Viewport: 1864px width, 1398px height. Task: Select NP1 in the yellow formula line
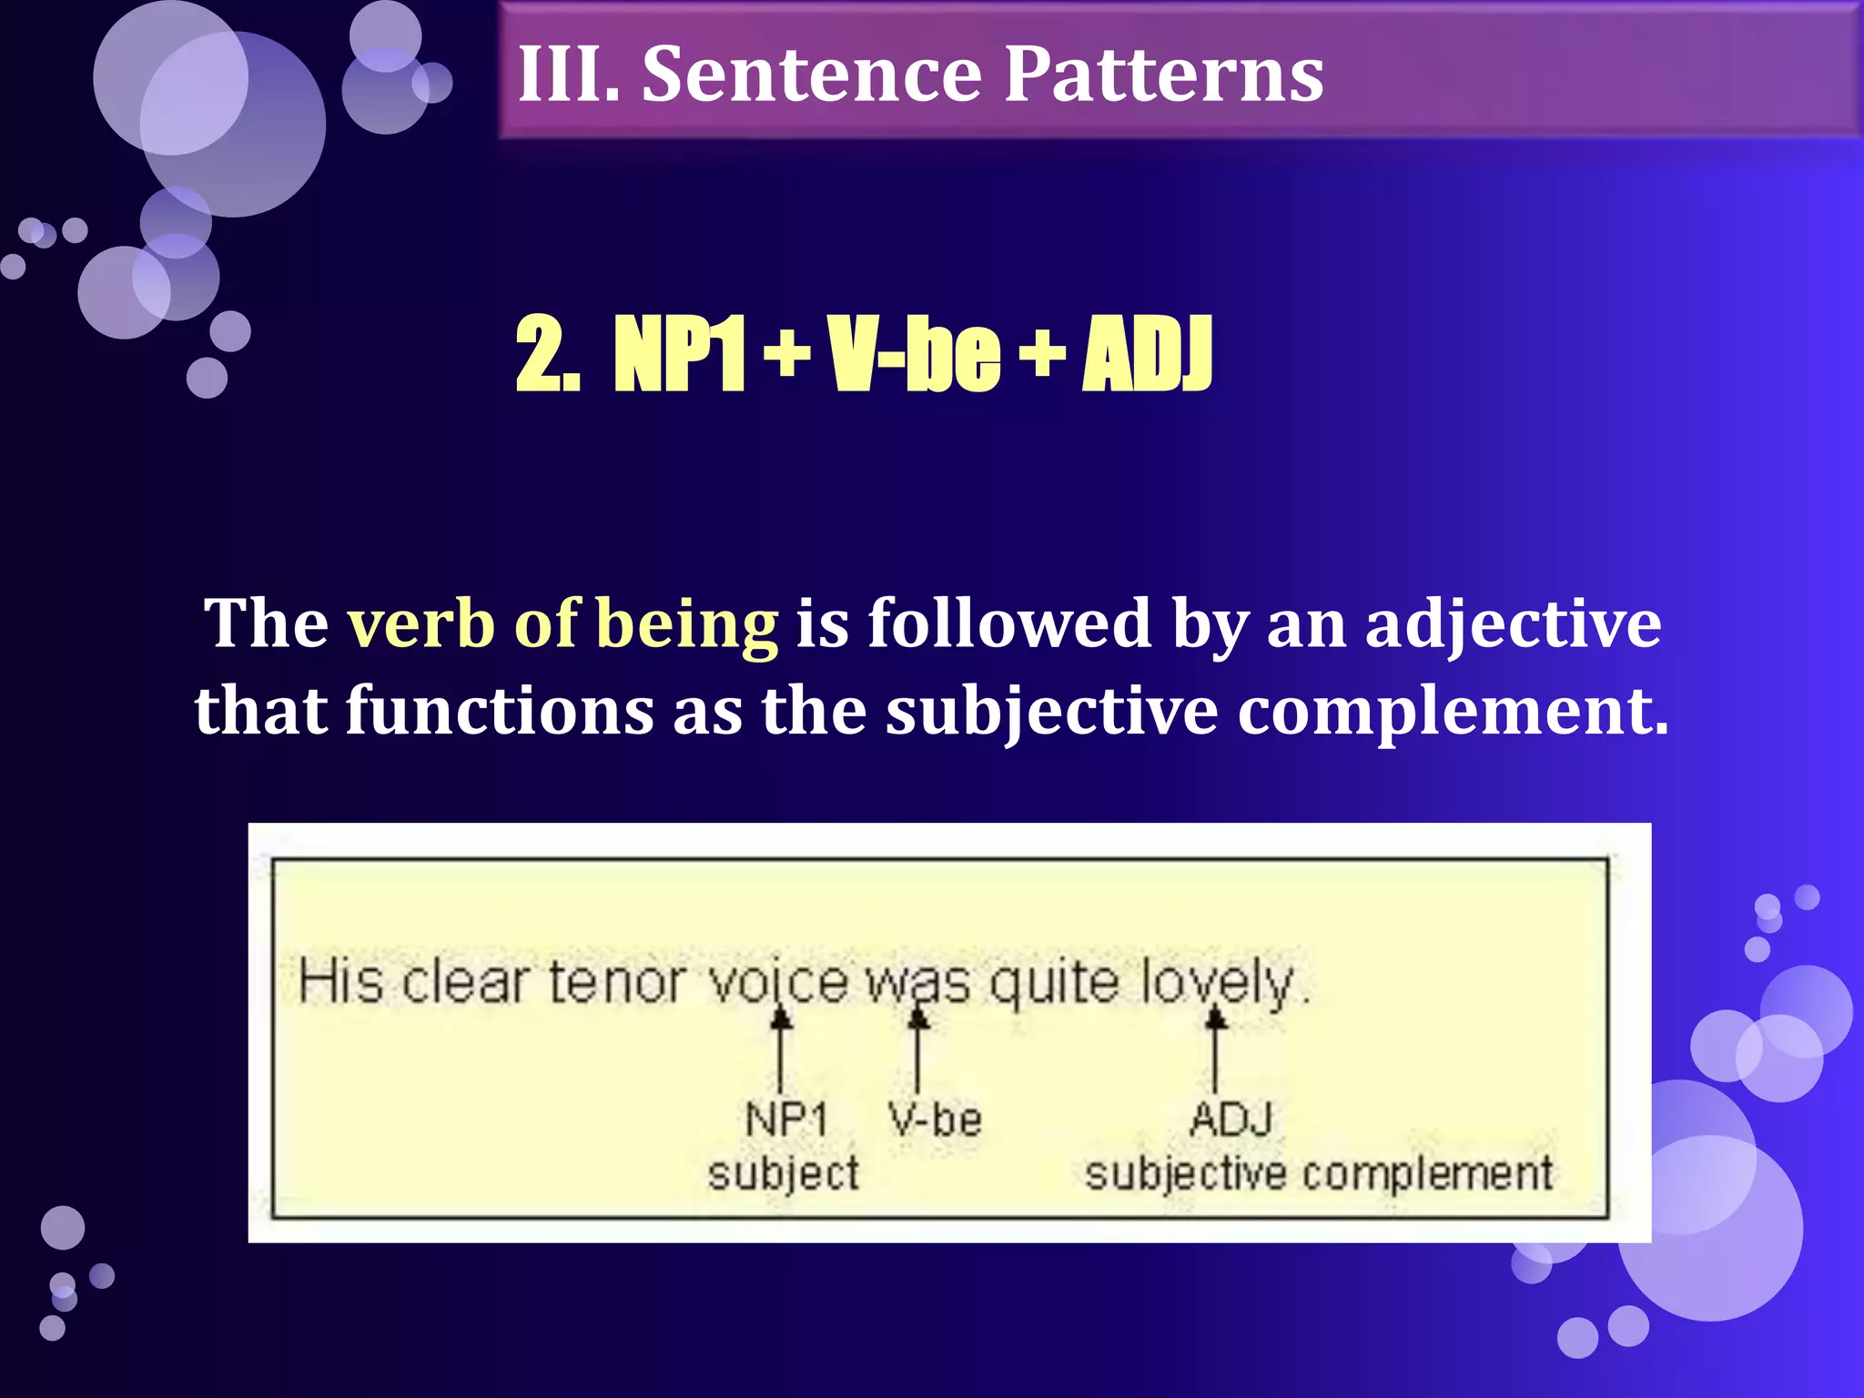tap(679, 355)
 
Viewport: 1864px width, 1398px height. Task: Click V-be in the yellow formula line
tap(914, 355)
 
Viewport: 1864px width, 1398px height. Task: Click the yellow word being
tap(686, 626)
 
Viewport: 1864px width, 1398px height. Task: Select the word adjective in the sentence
tap(1513, 626)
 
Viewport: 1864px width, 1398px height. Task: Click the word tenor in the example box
tap(616, 983)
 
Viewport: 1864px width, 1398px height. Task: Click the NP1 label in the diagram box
tap(786, 1119)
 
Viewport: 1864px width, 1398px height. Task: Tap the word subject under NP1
tap(783, 1173)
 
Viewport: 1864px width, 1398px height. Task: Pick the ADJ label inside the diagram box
tap(1231, 1119)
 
